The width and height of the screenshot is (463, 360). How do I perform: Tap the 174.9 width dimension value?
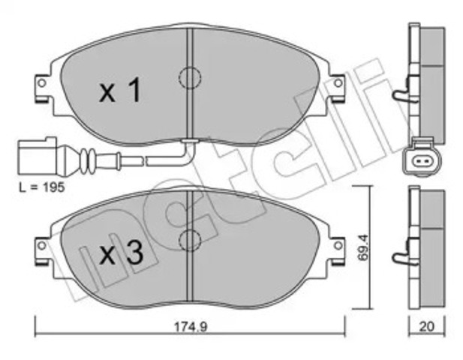191,326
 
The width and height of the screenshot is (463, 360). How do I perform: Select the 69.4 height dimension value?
362,247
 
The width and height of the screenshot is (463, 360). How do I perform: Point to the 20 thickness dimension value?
427,326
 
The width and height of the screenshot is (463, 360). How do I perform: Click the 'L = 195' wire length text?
41,187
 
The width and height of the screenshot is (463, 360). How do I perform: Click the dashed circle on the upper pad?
190,78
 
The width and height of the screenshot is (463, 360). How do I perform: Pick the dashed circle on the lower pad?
190,240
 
